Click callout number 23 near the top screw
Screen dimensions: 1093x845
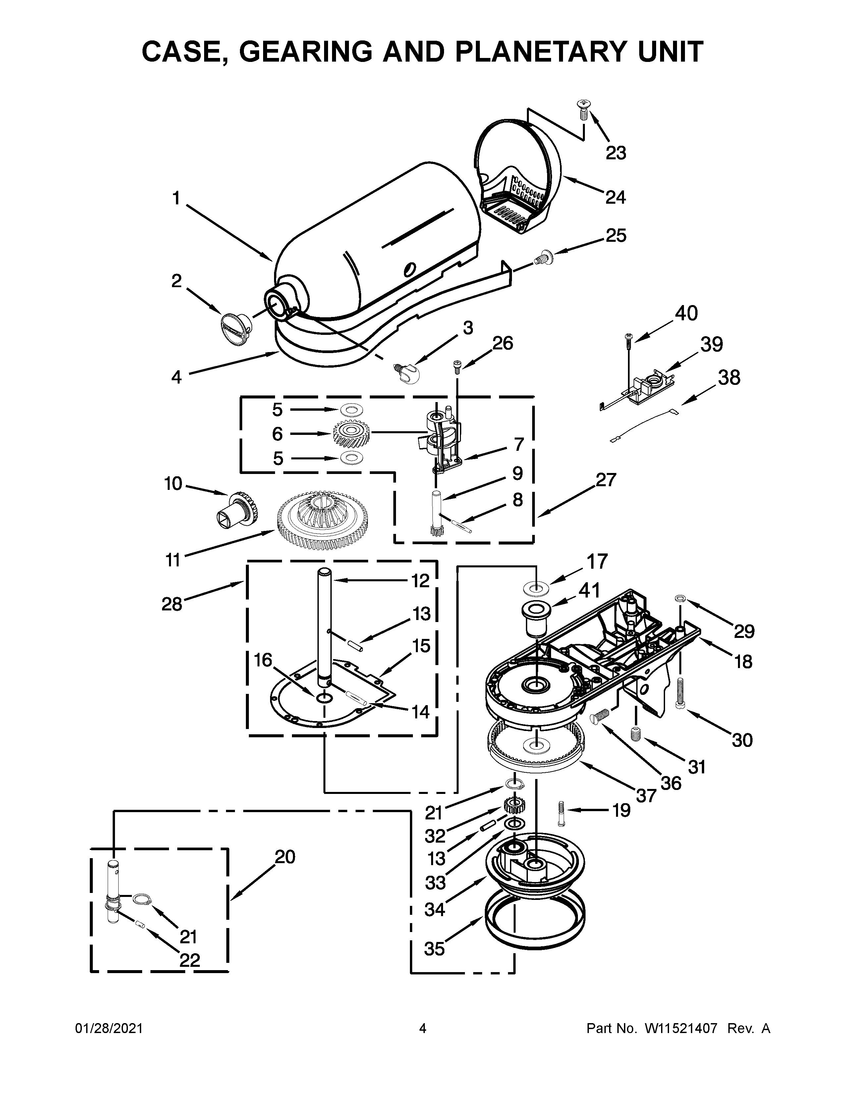[x=615, y=153]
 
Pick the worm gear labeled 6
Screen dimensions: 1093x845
[x=351, y=433]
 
